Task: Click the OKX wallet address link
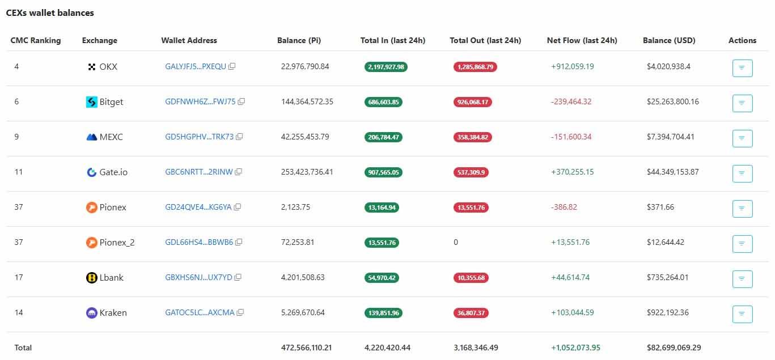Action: (196, 66)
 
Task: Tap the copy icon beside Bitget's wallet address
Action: (241, 101)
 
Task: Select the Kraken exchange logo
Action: (91, 312)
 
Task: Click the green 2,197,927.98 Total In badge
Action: (386, 67)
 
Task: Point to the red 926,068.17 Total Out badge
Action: (472, 102)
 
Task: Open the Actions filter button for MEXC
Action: (742, 138)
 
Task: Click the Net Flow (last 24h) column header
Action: (582, 40)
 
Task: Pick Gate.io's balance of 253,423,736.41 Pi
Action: (307, 172)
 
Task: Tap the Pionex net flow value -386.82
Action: (564, 207)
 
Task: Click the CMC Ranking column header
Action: (35, 40)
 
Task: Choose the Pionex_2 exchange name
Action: (117, 242)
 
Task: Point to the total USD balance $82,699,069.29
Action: (674, 347)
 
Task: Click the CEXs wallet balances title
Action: (50, 12)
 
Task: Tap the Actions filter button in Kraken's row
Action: (742, 314)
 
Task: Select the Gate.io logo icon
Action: (91, 172)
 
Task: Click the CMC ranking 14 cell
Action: (19, 312)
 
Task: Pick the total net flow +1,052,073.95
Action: (575, 347)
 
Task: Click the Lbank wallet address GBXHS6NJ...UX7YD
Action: (198, 277)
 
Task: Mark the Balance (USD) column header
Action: (669, 40)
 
